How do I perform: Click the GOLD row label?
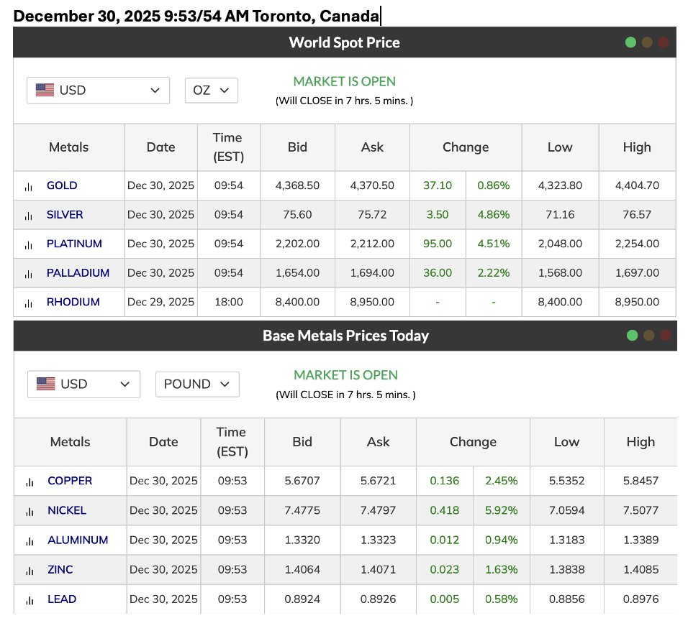click(62, 185)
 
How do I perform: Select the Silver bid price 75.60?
click(297, 215)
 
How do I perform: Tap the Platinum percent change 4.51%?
click(493, 244)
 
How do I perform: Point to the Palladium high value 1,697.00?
click(637, 273)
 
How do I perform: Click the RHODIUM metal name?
click(73, 302)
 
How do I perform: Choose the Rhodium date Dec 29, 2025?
click(160, 302)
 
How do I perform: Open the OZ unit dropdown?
click(211, 91)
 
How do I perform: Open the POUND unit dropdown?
click(196, 384)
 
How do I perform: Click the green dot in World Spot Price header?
click(630, 42)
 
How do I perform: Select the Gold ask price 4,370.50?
click(372, 185)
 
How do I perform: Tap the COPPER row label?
click(70, 481)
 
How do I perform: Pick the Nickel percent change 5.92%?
click(501, 511)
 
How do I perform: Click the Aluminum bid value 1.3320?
click(302, 540)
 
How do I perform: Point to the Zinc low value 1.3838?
click(566, 570)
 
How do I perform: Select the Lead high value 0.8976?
click(641, 599)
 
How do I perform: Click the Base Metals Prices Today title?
click(345, 336)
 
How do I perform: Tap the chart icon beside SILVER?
click(29, 216)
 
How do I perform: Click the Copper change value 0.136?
click(444, 481)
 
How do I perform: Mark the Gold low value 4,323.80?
click(560, 185)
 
